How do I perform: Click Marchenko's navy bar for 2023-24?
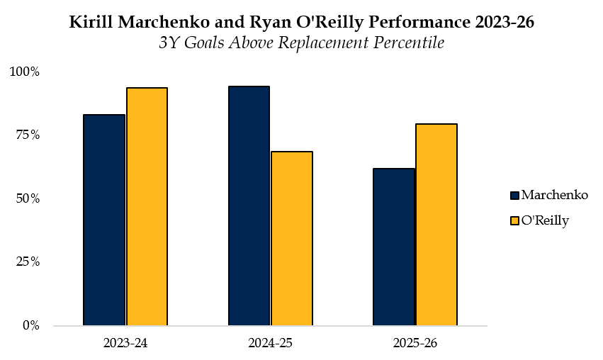tap(104, 220)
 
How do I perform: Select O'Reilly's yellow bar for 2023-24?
tap(147, 206)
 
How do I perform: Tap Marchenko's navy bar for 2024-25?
tap(249, 206)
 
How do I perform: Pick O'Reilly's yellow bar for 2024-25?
tap(292, 238)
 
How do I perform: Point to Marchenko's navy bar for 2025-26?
tap(394, 247)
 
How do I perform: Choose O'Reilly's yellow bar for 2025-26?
tap(436, 225)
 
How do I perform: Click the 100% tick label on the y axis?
tap(25, 72)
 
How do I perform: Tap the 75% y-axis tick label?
tap(28, 135)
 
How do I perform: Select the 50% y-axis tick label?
tap(28, 198)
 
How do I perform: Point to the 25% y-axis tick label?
tap(28, 262)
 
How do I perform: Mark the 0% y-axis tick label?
tap(30, 325)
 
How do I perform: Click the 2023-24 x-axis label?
tap(125, 343)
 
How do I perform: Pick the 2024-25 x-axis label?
tap(271, 343)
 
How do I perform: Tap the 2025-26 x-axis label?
tap(415, 343)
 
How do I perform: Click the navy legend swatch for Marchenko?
tap(514, 196)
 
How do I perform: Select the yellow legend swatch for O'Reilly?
tap(514, 221)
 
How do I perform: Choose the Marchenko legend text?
tap(555, 195)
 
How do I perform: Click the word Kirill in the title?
tap(91, 22)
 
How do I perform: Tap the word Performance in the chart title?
tap(419, 22)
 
